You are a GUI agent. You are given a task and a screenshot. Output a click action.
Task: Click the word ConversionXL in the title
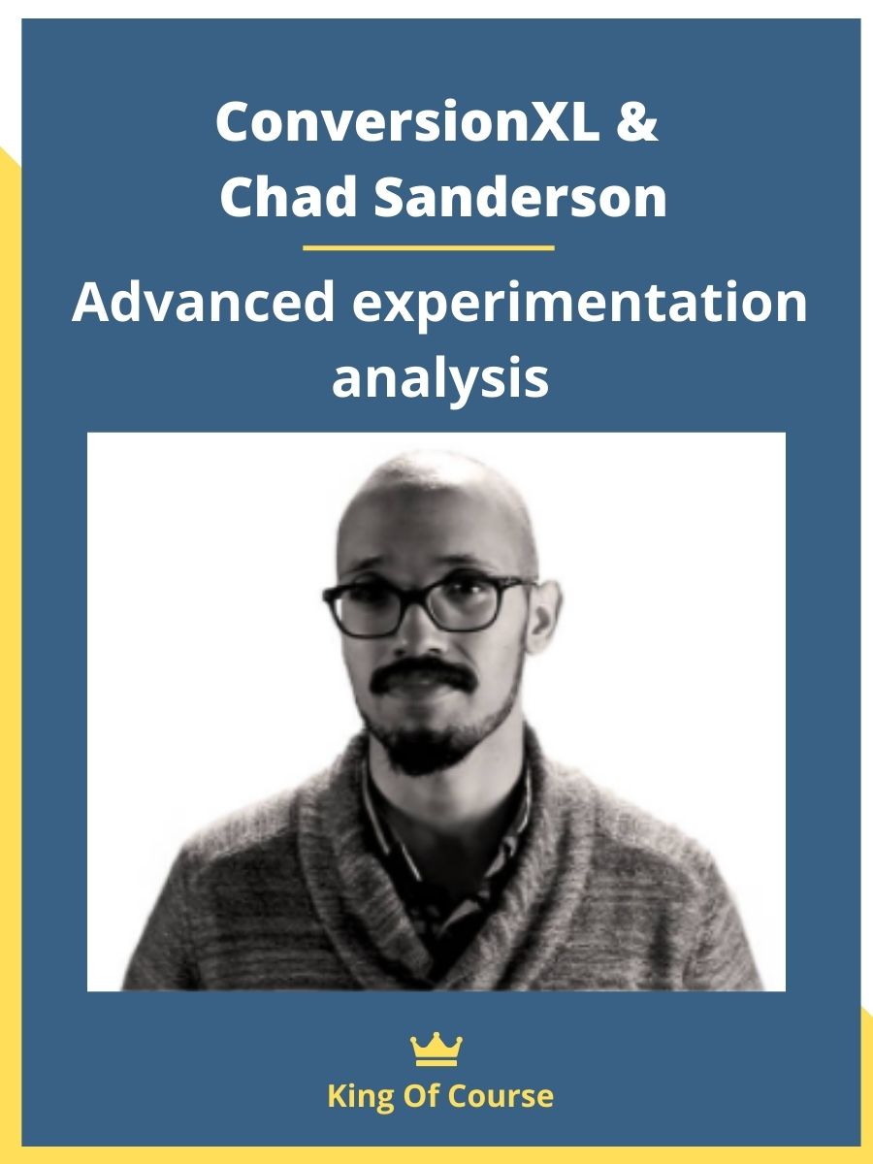pos(408,121)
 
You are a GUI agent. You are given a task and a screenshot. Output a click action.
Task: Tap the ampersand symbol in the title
pos(637,121)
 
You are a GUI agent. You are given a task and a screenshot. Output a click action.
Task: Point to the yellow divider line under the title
pos(429,247)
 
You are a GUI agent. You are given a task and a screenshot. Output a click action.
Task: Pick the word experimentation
pos(579,305)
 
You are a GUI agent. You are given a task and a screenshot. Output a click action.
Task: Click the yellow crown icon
pos(436,1049)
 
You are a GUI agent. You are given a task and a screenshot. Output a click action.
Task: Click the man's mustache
pos(423,675)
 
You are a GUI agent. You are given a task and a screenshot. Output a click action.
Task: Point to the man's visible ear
pos(542,617)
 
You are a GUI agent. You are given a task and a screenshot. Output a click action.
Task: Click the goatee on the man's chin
pos(424,742)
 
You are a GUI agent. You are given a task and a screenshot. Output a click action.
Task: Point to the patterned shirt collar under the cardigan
pos(445,827)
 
